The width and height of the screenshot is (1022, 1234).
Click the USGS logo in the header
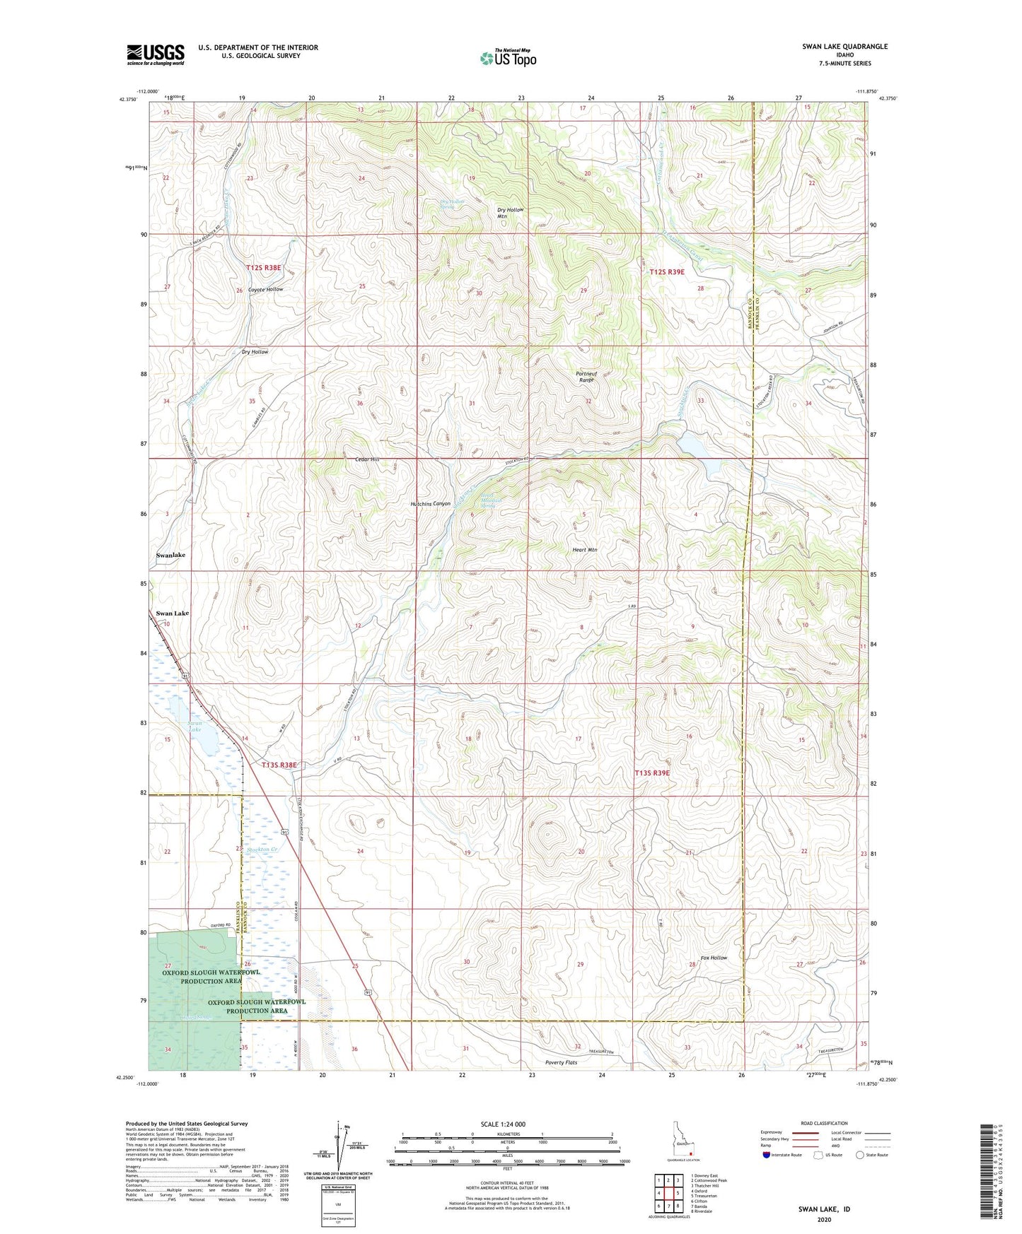(155, 54)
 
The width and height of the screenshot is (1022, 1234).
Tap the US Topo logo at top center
(508, 57)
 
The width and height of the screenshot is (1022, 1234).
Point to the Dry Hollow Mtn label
(511, 213)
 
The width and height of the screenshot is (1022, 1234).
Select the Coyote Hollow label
(265, 290)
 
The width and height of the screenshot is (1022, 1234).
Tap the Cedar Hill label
(367, 459)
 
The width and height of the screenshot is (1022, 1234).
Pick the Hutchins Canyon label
(430, 504)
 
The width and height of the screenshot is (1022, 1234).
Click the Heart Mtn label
(584, 549)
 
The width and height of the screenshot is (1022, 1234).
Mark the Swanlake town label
(170, 556)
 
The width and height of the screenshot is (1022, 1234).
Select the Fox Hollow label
(714, 958)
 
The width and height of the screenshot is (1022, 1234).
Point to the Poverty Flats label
(561, 1062)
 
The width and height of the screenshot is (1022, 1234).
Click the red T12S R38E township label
(264, 268)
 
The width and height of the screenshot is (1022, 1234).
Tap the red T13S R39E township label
(651, 773)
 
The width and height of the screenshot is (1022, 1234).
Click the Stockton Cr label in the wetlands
(262, 849)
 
